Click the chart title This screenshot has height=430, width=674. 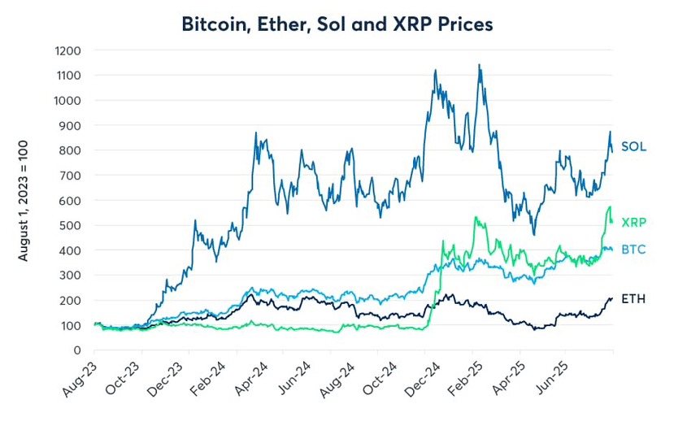[x=337, y=24]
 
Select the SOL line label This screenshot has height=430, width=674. [x=633, y=147]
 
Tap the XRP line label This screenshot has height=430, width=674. [x=633, y=222]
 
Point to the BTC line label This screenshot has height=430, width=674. [x=633, y=250]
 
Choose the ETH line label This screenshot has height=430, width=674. [x=633, y=300]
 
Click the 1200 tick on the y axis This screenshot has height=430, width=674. [x=68, y=50]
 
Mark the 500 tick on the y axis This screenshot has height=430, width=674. [x=72, y=225]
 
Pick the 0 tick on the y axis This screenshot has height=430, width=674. [x=77, y=350]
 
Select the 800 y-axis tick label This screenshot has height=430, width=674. [x=72, y=150]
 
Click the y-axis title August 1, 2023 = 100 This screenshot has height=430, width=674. [x=24, y=200]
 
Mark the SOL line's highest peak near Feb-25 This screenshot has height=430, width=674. [x=479, y=65]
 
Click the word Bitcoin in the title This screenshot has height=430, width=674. [x=214, y=24]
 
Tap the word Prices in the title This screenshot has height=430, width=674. [x=467, y=24]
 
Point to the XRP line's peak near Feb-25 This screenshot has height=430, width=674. [x=476, y=217]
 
